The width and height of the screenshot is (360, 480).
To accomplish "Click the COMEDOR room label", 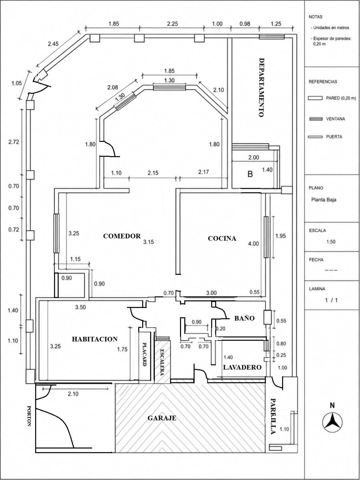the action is (122, 236).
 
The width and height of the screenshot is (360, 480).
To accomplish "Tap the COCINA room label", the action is (222, 238).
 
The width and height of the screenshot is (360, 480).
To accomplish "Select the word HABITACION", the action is (95, 339).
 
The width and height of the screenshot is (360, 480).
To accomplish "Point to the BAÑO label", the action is (244, 318).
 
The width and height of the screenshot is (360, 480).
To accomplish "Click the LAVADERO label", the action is (242, 367).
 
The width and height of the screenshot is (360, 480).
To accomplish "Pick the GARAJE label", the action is (162, 418).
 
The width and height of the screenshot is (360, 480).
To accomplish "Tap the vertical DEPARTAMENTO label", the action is (262, 88).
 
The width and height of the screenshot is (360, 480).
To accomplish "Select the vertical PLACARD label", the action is (144, 354).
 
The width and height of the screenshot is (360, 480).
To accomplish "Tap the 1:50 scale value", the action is (331, 242).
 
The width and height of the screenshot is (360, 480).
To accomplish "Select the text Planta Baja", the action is (324, 200).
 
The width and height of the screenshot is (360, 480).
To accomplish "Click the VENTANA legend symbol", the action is (316, 119).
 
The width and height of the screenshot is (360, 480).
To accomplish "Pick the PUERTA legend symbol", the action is (315, 137).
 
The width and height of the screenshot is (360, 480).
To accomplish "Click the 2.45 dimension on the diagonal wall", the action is (53, 44).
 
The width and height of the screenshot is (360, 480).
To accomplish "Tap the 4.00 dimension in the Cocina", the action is (253, 243).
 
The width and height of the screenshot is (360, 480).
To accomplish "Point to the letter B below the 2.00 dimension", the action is (250, 174).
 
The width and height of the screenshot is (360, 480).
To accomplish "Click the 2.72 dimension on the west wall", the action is (14, 142).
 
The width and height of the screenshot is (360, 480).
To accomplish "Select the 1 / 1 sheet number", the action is (331, 300).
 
